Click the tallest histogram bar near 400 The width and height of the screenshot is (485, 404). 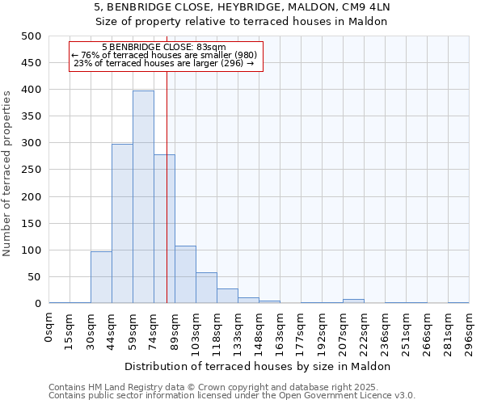point(143,197)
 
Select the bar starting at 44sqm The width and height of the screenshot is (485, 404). point(122,224)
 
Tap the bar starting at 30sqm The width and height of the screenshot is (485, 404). point(101,277)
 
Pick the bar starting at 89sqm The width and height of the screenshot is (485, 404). point(185,275)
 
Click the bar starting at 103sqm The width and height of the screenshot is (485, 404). point(206,288)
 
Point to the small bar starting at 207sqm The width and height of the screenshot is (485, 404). point(353,301)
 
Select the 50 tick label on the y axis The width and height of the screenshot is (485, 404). point(33,277)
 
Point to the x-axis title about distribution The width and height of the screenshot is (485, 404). point(259,366)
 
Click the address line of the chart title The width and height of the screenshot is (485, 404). point(259,7)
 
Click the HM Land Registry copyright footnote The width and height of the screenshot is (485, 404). point(230,387)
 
